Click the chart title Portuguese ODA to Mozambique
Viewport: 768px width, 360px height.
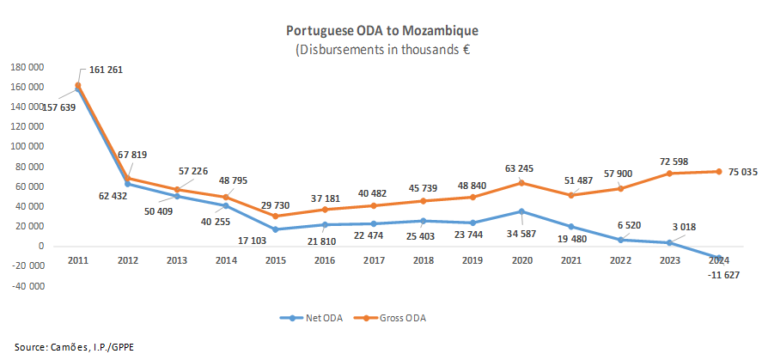(x=382, y=30)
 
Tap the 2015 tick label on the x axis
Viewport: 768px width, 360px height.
(x=275, y=260)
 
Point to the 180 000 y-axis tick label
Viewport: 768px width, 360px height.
(x=27, y=67)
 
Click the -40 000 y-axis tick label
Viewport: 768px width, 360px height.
(x=27, y=286)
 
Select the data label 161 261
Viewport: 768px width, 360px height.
(x=105, y=70)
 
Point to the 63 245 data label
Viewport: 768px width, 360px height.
(x=521, y=168)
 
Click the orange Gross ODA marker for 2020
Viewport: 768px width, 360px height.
(x=521, y=182)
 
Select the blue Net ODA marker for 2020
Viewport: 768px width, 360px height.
(x=521, y=211)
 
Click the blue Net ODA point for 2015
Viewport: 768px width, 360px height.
(x=275, y=229)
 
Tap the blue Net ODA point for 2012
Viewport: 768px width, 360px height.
(x=128, y=184)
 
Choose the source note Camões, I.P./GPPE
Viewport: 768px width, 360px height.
(x=62, y=346)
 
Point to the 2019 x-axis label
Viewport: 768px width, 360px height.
(x=472, y=260)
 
